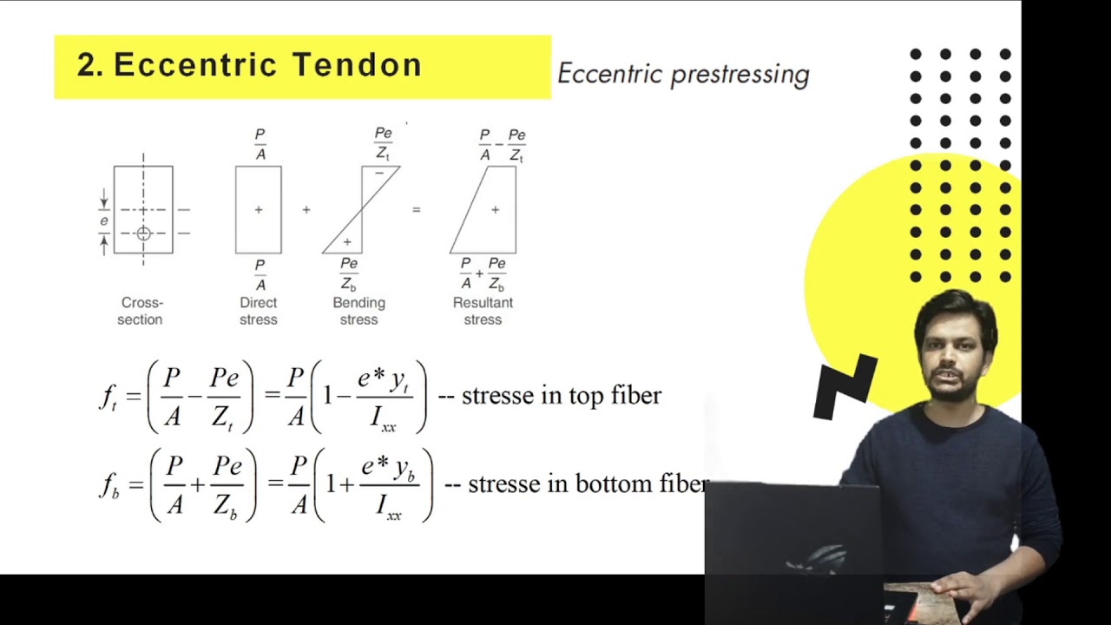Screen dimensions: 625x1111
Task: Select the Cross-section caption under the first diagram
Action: pyautogui.click(x=141, y=311)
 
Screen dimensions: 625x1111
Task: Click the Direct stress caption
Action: pyautogui.click(x=259, y=311)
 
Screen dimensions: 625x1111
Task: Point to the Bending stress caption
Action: pyautogui.click(x=358, y=311)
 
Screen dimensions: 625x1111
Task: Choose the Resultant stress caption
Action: pyautogui.click(x=483, y=311)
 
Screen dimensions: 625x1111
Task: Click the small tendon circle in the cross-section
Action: pyautogui.click(x=143, y=234)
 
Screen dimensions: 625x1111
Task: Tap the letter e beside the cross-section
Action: pyautogui.click(x=104, y=221)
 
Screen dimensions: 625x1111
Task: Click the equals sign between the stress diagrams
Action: pyautogui.click(x=416, y=210)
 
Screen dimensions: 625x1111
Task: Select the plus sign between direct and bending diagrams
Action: pyautogui.click(x=306, y=210)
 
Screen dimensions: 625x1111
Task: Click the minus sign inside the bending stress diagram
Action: pyautogui.click(x=378, y=174)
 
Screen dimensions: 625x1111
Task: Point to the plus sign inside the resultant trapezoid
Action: pyautogui.click(x=495, y=209)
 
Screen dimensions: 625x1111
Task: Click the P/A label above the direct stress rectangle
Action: pyautogui.click(x=260, y=144)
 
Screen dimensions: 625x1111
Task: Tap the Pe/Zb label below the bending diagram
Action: pyautogui.click(x=349, y=273)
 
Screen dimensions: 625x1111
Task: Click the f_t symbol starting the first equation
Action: pyautogui.click(x=108, y=397)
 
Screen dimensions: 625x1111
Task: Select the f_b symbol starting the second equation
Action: pyautogui.click(x=108, y=485)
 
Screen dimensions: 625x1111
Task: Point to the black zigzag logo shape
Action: pyautogui.click(x=845, y=386)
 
